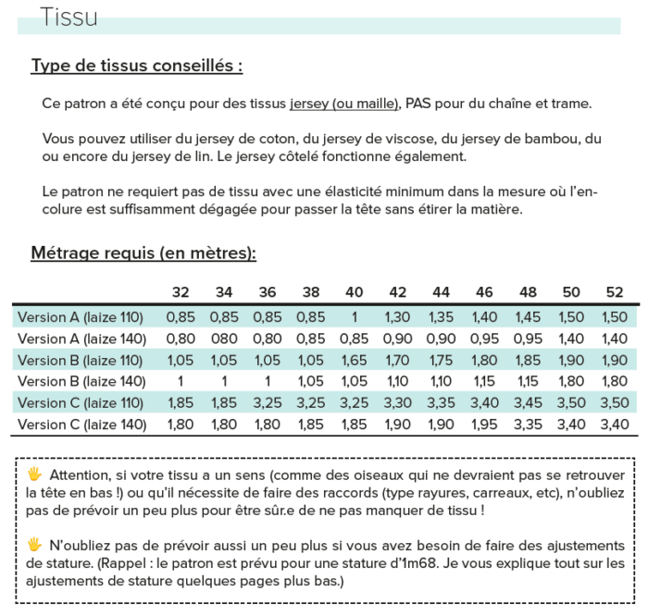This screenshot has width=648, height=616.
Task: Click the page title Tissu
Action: pyautogui.click(x=69, y=18)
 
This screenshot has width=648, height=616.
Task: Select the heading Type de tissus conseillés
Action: pyautogui.click(x=137, y=66)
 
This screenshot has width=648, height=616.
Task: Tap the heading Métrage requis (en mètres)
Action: pyautogui.click(x=143, y=253)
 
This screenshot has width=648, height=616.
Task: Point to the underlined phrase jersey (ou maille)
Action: pyautogui.click(x=344, y=104)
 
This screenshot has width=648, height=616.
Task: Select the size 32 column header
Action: pyautogui.click(x=181, y=292)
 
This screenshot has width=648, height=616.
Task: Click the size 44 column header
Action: pyautogui.click(x=441, y=292)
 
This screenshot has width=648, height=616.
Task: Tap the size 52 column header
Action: pyautogui.click(x=615, y=292)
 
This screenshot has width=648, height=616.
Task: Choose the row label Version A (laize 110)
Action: pyautogui.click(x=81, y=317)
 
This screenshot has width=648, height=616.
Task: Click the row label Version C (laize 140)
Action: pyautogui.click(x=81, y=425)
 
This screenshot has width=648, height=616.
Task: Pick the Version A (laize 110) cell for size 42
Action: pyautogui.click(x=397, y=317)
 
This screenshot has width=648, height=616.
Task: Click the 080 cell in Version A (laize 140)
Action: pyautogui.click(x=224, y=339)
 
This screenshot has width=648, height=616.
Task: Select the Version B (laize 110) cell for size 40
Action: pyautogui.click(x=355, y=361)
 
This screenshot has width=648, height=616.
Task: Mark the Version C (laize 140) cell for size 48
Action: pyautogui.click(x=528, y=425)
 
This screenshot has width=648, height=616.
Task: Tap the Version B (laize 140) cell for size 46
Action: pyautogui.click(x=484, y=382)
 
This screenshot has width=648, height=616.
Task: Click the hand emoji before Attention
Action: pyautogui.click(x=34, y=474)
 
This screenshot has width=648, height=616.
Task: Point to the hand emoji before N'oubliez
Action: pyautogui.click(x=34, y=544)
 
